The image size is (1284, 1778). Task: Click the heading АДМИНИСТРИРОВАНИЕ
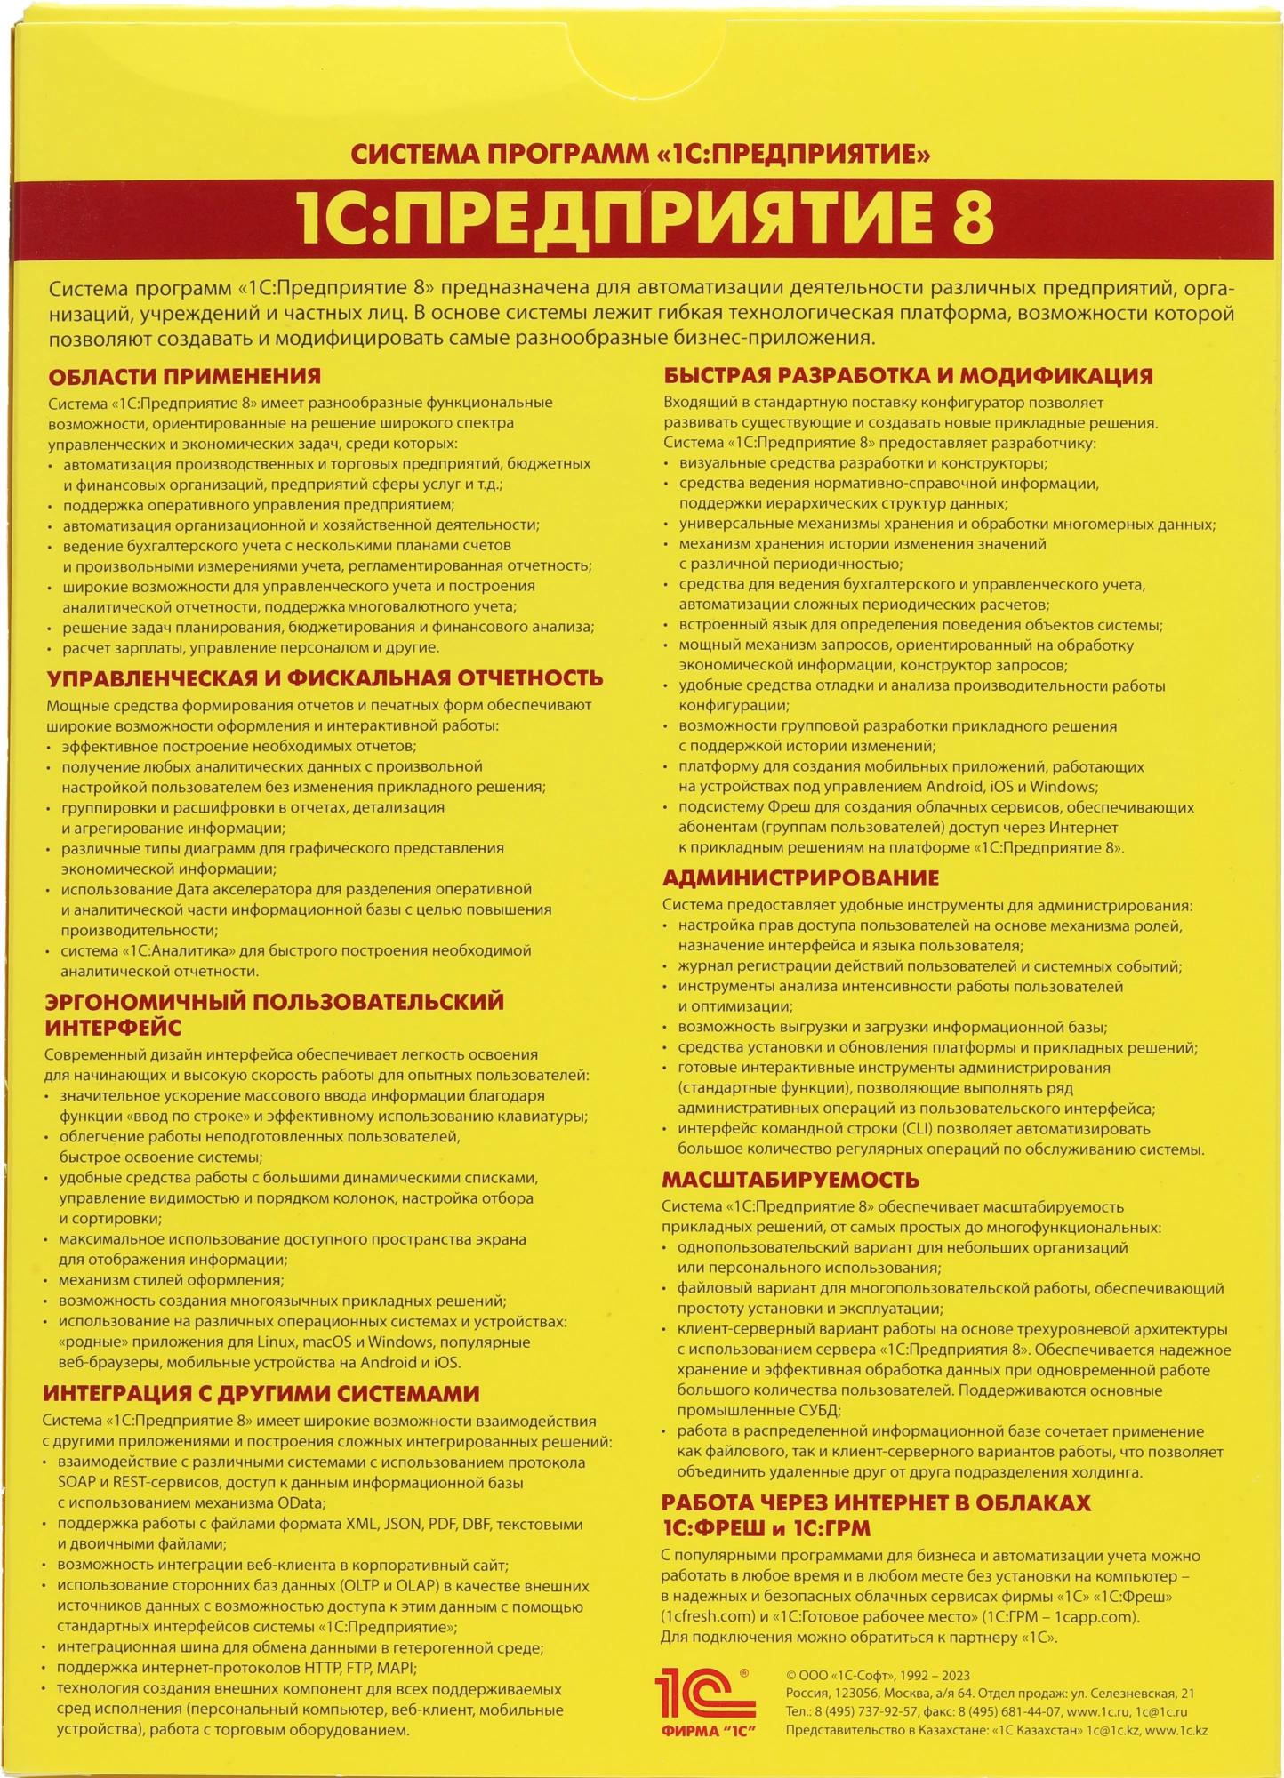[800, 878]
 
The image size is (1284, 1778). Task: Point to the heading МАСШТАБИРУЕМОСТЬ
[790, 1180]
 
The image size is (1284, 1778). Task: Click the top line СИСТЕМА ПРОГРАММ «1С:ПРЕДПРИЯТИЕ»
[640, 155]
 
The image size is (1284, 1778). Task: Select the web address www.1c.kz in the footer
[1176, 1730]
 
